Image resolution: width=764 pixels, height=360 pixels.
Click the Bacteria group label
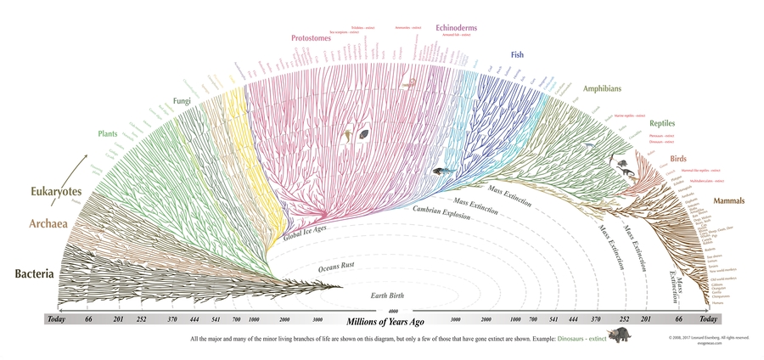click(34, 274)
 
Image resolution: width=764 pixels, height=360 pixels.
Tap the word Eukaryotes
click(45, 191)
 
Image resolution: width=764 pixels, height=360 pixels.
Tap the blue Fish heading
click(517, 55)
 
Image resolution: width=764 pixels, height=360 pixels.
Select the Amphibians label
click(604, 87)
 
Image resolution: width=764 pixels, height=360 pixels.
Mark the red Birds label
click(679, 158)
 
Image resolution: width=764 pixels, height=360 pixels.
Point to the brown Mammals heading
click(728, 201)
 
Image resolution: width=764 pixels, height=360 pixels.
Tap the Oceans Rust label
click(336, 267)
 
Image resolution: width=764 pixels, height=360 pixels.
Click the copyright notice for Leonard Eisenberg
click(708, 338)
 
